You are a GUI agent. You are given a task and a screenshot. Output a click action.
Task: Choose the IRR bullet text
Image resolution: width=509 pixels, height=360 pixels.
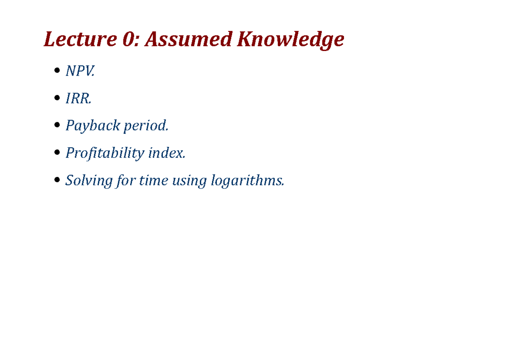pos(78,98)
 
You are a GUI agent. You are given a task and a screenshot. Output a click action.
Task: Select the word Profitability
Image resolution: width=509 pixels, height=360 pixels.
pos(105,153)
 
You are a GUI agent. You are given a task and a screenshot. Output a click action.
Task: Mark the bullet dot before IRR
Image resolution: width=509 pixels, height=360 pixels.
pos(57,99)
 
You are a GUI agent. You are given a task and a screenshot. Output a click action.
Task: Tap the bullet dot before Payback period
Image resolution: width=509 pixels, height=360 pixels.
pos(57,126)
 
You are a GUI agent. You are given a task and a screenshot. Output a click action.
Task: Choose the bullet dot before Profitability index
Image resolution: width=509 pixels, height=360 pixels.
pos(57,153)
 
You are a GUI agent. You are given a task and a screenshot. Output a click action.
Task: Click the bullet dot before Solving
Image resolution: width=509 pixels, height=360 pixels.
pos(57,180)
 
